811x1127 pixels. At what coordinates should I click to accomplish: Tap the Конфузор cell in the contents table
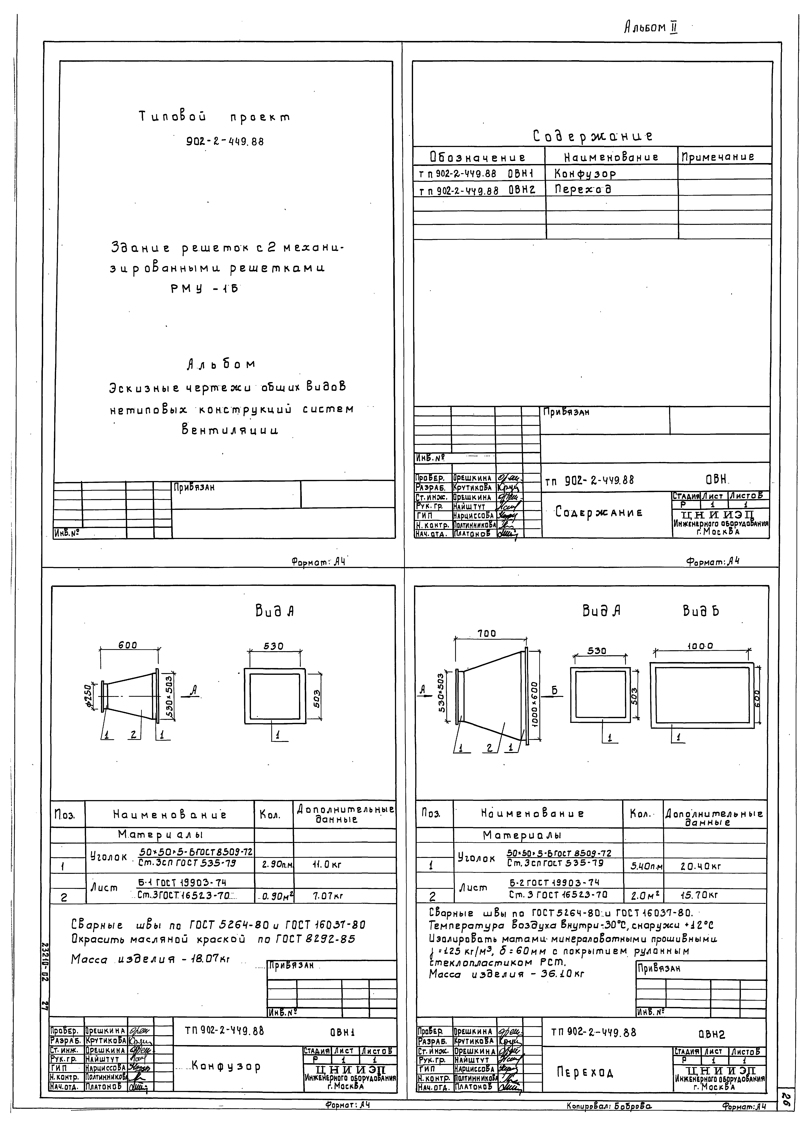(x=585, y=174)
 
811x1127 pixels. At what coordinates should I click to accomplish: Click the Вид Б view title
(x=701, y=611)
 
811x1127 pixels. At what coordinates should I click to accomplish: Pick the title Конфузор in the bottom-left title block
(x=226, y=1066)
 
